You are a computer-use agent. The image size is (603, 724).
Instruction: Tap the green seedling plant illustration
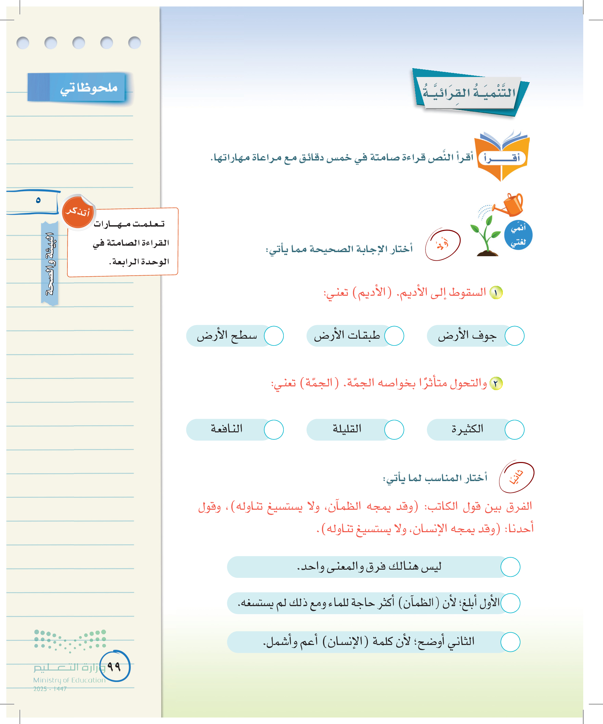coord(486,236)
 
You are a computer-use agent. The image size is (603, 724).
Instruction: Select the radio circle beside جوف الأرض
coord(514,336)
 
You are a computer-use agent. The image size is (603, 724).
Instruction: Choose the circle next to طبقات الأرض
coord(394,336)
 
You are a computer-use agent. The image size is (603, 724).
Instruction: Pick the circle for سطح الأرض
coord(274,336)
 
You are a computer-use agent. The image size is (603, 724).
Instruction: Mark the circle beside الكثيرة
coord(514,430)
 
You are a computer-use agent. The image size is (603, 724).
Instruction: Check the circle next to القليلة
coord(394,430)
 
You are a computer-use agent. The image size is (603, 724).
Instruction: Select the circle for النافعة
coord(274,430)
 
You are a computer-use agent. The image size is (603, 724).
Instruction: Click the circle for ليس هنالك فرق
coord(510,567)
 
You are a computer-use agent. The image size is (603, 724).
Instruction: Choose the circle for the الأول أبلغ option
coord(510,603)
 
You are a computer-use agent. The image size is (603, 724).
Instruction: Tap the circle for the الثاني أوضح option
coord(510,642)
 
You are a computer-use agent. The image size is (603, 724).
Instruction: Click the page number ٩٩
coord(114,666)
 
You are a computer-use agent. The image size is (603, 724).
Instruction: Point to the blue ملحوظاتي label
coord(77,88)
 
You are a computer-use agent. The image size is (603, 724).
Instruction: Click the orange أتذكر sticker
coord(78,212)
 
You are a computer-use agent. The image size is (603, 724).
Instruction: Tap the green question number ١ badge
coord(496,293)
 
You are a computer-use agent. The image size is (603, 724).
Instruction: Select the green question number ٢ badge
coord(496,383)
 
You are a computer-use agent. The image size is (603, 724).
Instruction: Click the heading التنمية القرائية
coord(469,93)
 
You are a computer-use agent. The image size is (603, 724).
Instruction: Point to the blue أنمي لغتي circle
coord(518,235)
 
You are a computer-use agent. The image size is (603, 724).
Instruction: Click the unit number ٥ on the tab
coord(38,200)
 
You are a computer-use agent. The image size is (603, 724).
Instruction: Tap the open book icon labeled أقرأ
coord(501,156)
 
